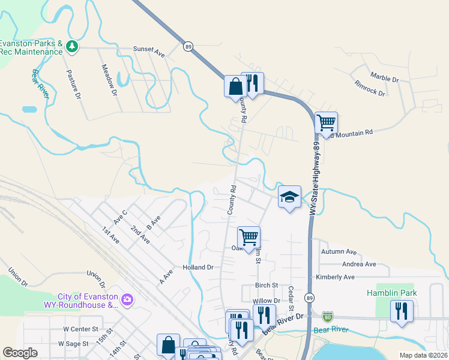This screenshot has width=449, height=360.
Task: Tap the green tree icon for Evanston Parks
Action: coord(71,46)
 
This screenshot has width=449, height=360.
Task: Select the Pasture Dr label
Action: coord(73,83)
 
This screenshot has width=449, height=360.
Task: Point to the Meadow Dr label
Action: coord(109,80)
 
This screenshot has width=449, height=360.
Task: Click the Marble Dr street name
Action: coord(384,78)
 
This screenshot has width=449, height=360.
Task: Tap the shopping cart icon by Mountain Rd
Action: coord(326,123)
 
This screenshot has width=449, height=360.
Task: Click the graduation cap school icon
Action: coord(289,197)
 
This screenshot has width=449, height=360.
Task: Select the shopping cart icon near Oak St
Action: coord(249,237)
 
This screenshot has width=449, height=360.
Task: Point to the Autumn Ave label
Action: coord(339,252)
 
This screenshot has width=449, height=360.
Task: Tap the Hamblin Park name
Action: coord(391,293)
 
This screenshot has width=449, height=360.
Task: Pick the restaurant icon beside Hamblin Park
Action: coord(401,311)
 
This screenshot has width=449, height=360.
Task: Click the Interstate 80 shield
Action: coord(327,316)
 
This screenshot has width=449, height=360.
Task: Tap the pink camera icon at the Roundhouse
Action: coord(127,298)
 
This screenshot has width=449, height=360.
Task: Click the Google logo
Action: coord(20,353)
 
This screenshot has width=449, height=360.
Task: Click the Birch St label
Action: coord(267,285)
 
